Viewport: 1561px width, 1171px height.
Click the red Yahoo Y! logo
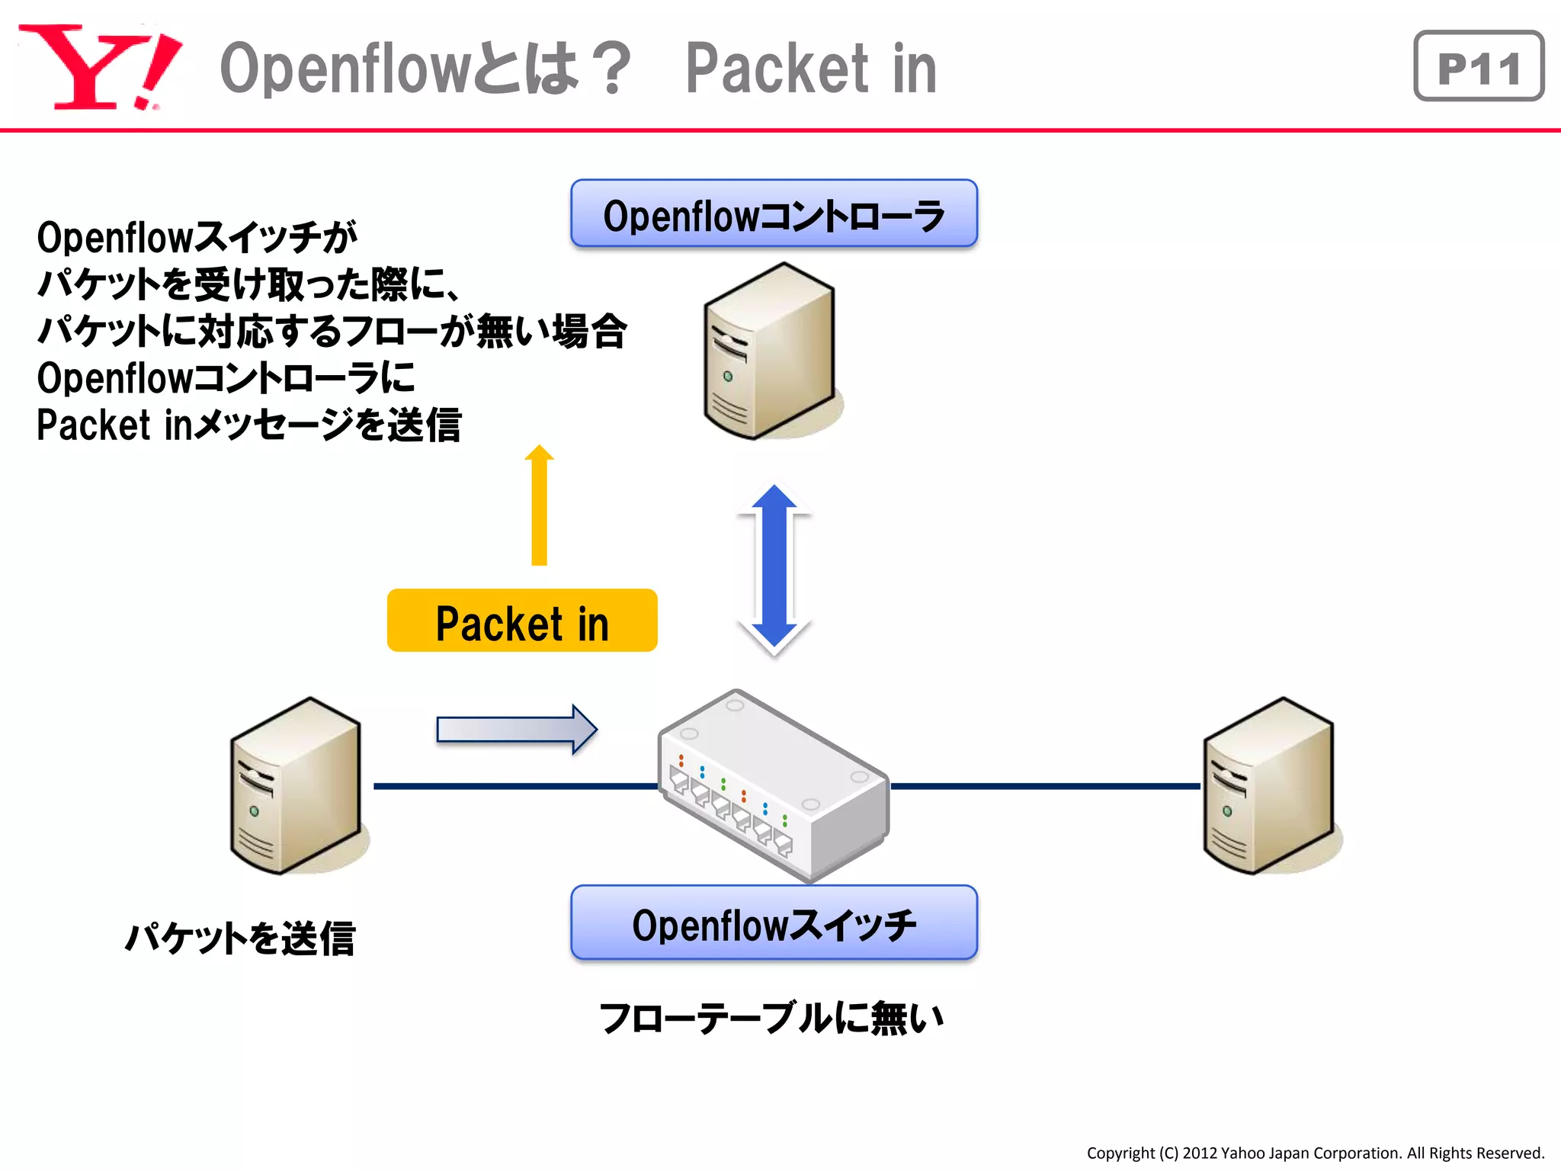pyautogui.click(x=99, y=67)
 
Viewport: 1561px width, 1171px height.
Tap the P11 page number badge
pyautogui.click(x=1478, y=66)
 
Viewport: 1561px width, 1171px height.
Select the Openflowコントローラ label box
pyautogui.click(x=774, y=214)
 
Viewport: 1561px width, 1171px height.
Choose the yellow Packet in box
pyautogui.click(x=522, y=621)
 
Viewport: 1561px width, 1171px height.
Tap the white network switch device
pyautogui.click(x=774, y=785)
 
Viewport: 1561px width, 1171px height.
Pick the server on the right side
pyautogui.click(x=1268, y=785)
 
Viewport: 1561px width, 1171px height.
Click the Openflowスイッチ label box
pyautogui.click(x=774, y=923)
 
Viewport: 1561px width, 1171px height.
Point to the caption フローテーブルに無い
pyautogui.click(x=771, y=1019)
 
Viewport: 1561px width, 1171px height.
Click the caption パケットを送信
pyautogui.click(x=240, y=938)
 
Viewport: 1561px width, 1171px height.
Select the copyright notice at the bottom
pyautogui.click(x=1315, y=1153)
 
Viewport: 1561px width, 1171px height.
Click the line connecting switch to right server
pyautogui.click(x=1044, y=786)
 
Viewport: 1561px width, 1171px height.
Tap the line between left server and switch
pyautogui.click(x=514, y=786)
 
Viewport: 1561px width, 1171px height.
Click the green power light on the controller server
pyautogui.click(x=728, y=377)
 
